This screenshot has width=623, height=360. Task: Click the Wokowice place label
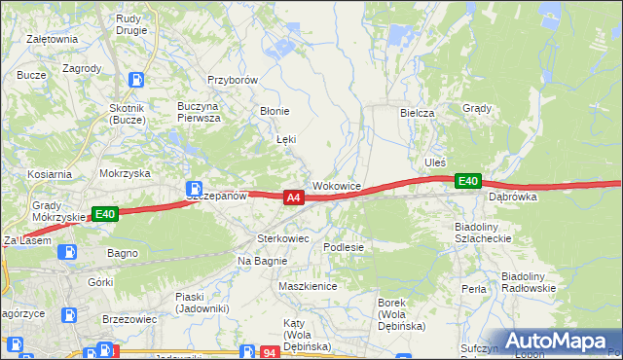click(x=337, y=185)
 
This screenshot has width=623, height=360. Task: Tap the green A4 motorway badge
click(x=294, y=198)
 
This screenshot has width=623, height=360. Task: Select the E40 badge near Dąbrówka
click(x=468, y=181)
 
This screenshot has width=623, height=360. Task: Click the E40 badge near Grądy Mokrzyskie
click(x=105, y=214)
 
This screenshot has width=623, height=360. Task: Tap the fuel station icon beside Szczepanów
click(x=195, y=187)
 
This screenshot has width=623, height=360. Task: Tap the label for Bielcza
click(x=417, y=113)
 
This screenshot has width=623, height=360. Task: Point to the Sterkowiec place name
click(x=282, y=237)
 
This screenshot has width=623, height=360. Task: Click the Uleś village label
click(x=434, y=161)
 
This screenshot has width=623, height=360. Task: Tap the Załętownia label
click(x=53, y=39)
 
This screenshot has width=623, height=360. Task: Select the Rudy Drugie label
click(x=131, y=23)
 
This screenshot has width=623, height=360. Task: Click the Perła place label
click(x=474, y=289)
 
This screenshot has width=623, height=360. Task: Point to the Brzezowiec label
click(x=128, y=318)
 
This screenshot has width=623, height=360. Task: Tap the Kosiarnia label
click(x=50, y=174)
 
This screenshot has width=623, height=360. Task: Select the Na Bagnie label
click(x=260, y=261)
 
